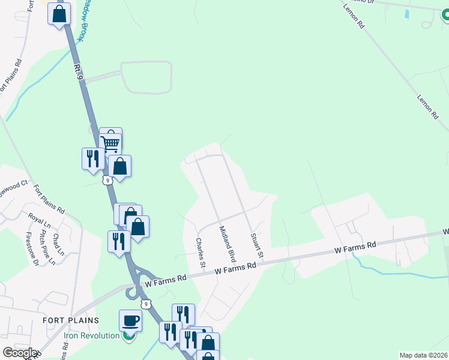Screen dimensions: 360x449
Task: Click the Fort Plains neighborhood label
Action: coord(70,320)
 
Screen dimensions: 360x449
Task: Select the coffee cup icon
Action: coord(130,320)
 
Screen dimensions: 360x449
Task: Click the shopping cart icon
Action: coord(110,143)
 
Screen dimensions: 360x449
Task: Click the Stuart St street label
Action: coord(257,246)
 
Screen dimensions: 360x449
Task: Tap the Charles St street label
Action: coord(201,253)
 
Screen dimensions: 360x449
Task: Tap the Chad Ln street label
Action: coord(58,244)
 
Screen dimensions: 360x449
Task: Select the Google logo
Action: coord(19,352)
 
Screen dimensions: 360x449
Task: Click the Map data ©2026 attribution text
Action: coord(424,355)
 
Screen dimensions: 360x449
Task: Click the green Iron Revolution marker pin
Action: coord(128,335)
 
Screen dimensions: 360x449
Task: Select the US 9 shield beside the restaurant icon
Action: coord(107,180)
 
